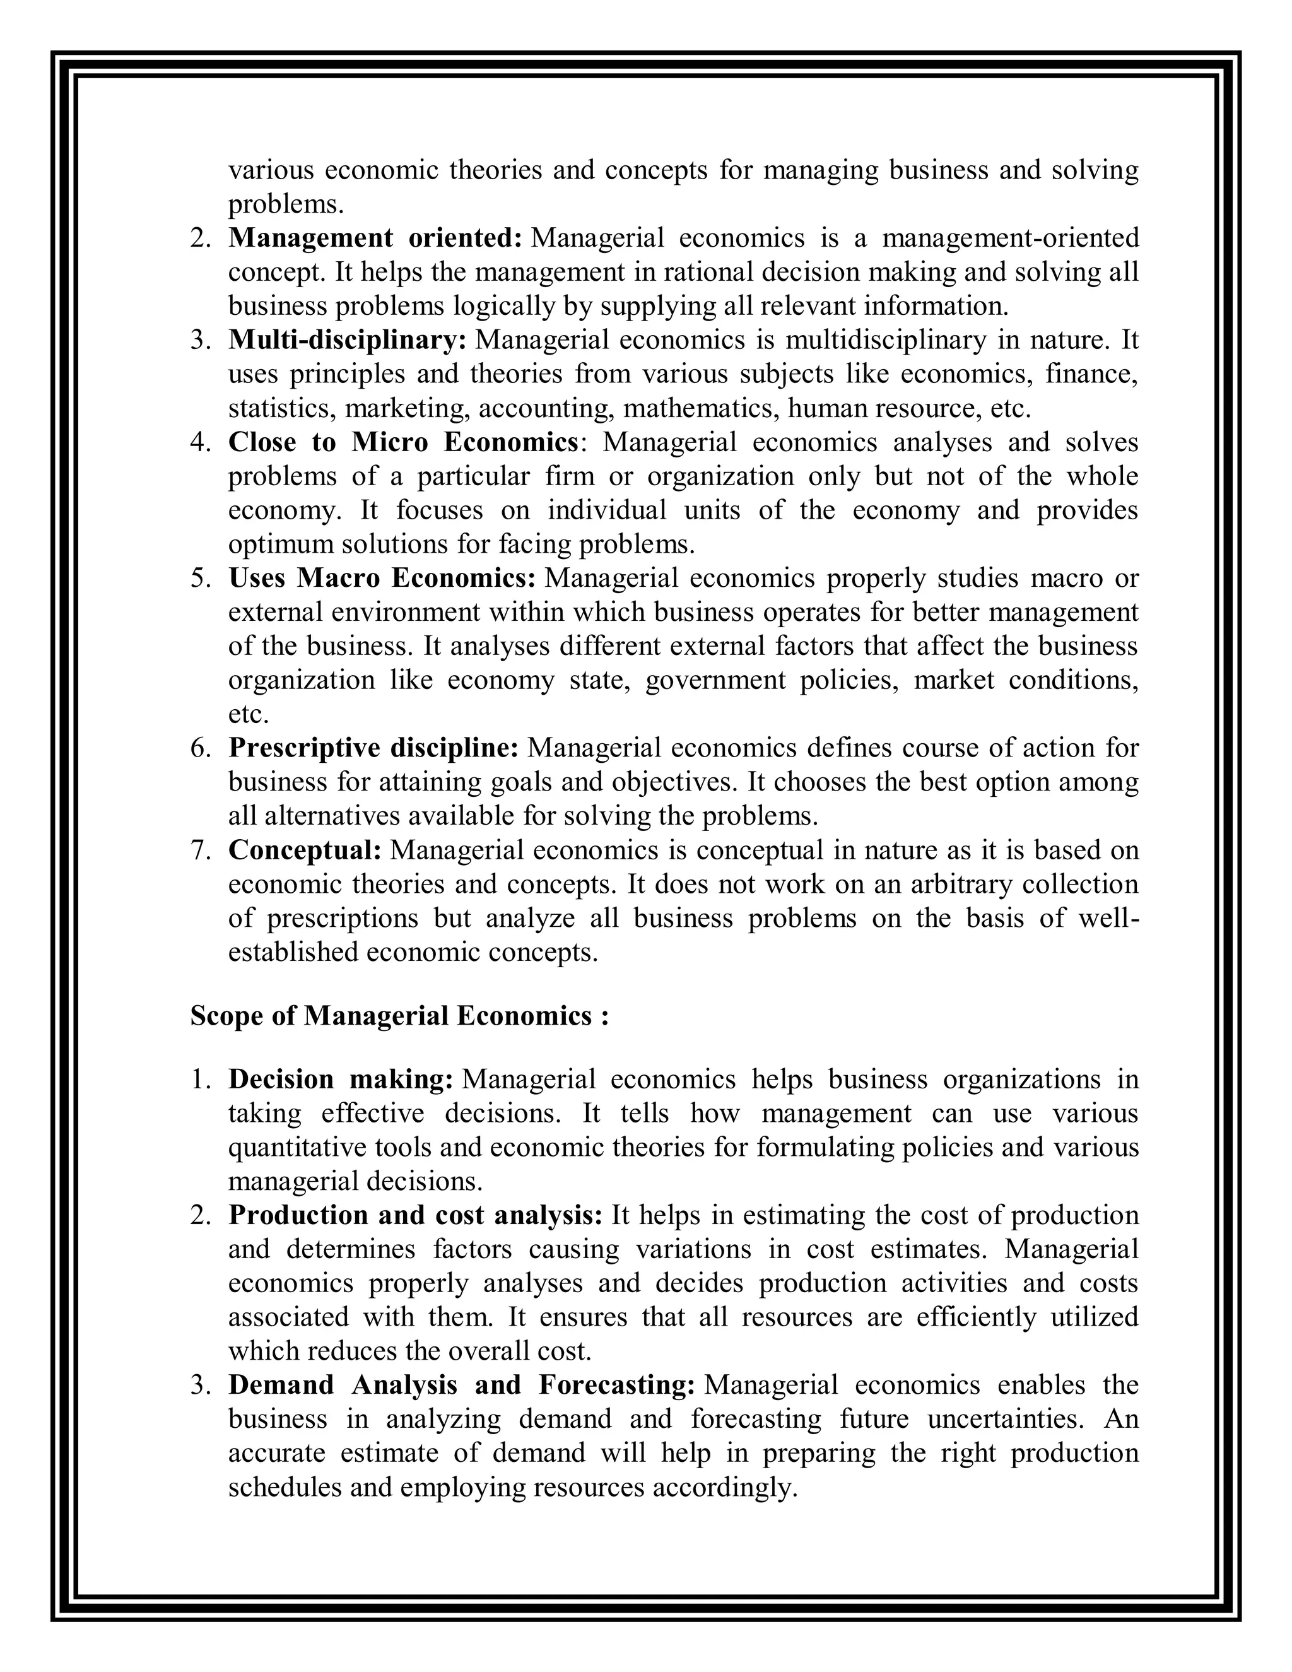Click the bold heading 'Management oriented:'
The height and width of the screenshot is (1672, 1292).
click(x=374, y=238)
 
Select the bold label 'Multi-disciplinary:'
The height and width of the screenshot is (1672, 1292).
click(x=348, y=340)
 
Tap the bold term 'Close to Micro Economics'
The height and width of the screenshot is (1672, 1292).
click(x=403, y=442)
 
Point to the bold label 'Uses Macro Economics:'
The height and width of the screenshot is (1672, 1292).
click(x=382, y=578)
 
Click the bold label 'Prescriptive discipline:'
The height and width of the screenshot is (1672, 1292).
click(x=373, y=748)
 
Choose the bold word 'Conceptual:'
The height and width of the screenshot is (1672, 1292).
click(x=305, y=850)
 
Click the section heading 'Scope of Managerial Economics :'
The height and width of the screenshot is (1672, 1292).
click(x=399, y=1016)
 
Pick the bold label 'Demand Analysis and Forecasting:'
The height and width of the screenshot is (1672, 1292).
click(x=462, y=1385)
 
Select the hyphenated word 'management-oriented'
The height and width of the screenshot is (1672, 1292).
click(x=1011, y=238)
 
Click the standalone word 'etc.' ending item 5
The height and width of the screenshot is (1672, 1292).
click(x=249, y=714)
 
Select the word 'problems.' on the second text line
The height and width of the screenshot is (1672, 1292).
click(x=286, y=204)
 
